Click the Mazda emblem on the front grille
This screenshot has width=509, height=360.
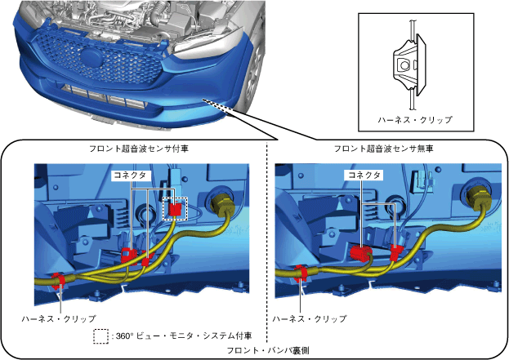(91, 58)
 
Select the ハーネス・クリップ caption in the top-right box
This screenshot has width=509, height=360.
(414, 119)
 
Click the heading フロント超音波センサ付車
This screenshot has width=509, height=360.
(135, 149)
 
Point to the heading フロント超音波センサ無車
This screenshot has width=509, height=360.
(383, 149)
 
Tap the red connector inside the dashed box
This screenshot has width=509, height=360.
(175, 210)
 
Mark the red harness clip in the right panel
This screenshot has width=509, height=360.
(300, 272)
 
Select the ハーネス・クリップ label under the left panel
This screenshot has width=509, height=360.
(59, 318)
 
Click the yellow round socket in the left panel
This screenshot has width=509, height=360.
(223, 203)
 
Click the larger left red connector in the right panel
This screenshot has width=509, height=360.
(361, 252)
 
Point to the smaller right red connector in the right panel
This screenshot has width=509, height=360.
(396, 251)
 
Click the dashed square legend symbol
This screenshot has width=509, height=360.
(101, 336)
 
